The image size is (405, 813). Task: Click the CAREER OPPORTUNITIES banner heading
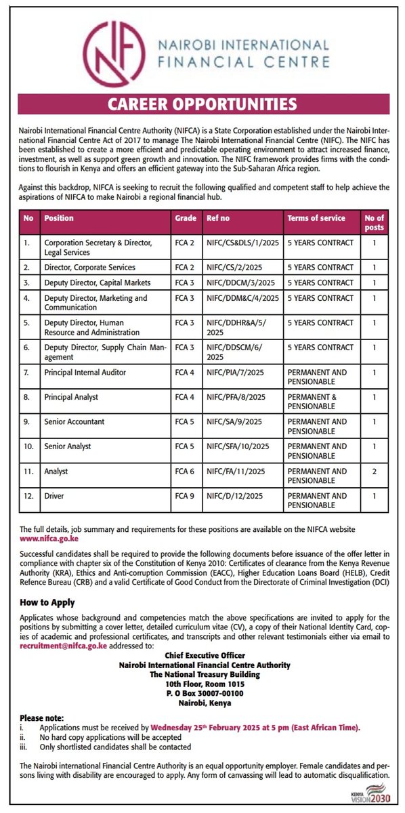pyautogui.click(x=202, y=104)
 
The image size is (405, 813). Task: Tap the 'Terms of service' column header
pyautogui.click(x=316, y=218)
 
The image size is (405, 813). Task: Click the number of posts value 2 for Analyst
pyautogui.click(x=374, y=471)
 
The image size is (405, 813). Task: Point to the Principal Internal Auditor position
pyautogui.click(x=85, y=372)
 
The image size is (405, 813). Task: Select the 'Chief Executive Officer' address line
pyautogui.click(x=202, y=655)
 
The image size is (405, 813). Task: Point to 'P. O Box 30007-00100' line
pyautogui.click(x=202, y=693)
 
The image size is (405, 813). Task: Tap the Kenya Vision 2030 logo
pyautogui.click(x=375, y=795)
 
